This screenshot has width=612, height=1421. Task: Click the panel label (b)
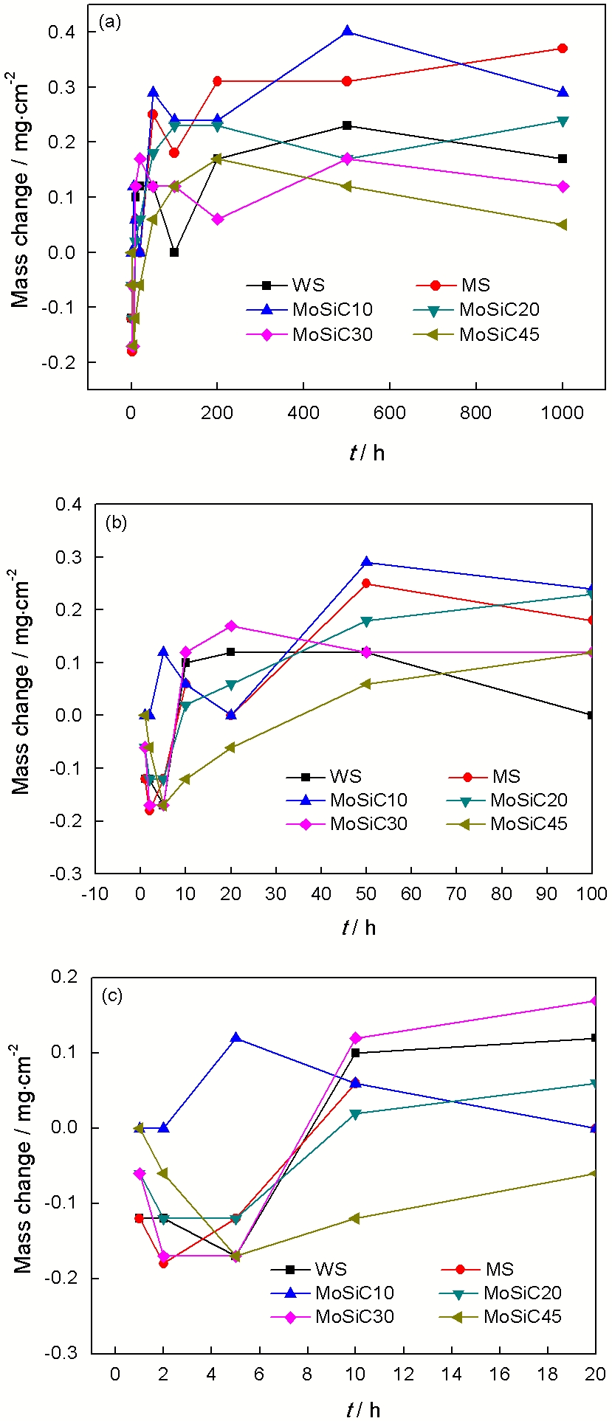[x=116, y=523]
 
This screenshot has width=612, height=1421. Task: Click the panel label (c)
[x=112, y=996]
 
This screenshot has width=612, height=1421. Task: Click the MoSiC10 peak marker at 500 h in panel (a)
[x=347, y=32]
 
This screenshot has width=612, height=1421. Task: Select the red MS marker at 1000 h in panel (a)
[x=563, y=49]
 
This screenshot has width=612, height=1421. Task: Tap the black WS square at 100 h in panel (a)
[x=174, y=252]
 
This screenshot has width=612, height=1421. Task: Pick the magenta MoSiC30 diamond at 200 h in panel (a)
[x=217, y=219]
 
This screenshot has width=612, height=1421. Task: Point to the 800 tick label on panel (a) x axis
[x=476, y=412]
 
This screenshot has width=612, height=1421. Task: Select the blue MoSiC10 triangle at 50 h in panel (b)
[x=366, y=563]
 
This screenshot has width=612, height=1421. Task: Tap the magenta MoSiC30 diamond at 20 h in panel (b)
[x=231, y=626]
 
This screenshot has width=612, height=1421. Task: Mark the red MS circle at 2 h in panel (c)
[x=163, y=1263]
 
